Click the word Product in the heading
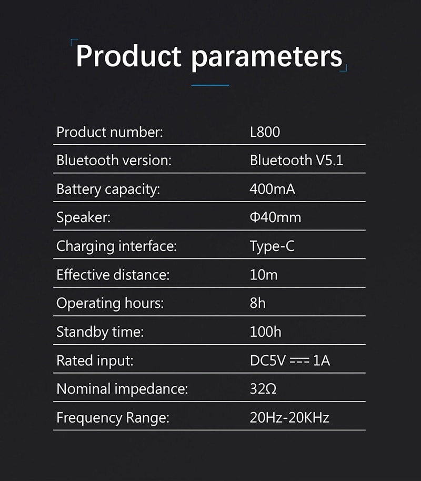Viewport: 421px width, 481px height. click(x=128, y=56)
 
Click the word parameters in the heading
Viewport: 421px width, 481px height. click(x=267, y=58)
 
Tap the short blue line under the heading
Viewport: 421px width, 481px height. click(x=210, y=85)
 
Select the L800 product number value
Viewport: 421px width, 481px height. click(x=265, y=132)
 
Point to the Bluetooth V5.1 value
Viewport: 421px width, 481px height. click(x=296, y=161)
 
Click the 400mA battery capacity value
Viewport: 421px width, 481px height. click(x=273, y=189)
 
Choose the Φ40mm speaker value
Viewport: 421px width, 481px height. click(x=276, y=217)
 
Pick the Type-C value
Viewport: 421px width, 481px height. click(x=272, y=246)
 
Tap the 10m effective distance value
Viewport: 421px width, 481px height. click(x=264, y=275)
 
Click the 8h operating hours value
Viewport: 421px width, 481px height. click(x=258, y=303)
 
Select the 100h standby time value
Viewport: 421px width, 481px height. click(x=265, y=332)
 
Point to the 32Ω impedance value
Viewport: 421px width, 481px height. click(x=263, y=389)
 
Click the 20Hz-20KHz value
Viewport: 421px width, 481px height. click(x=289, y=417)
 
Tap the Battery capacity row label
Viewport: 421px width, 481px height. click(x=108, y=189)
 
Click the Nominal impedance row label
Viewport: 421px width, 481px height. click(x=122, y=389)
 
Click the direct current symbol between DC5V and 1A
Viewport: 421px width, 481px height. click(x=299, y=361)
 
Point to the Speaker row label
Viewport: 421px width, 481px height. click(x=84, y=218)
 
